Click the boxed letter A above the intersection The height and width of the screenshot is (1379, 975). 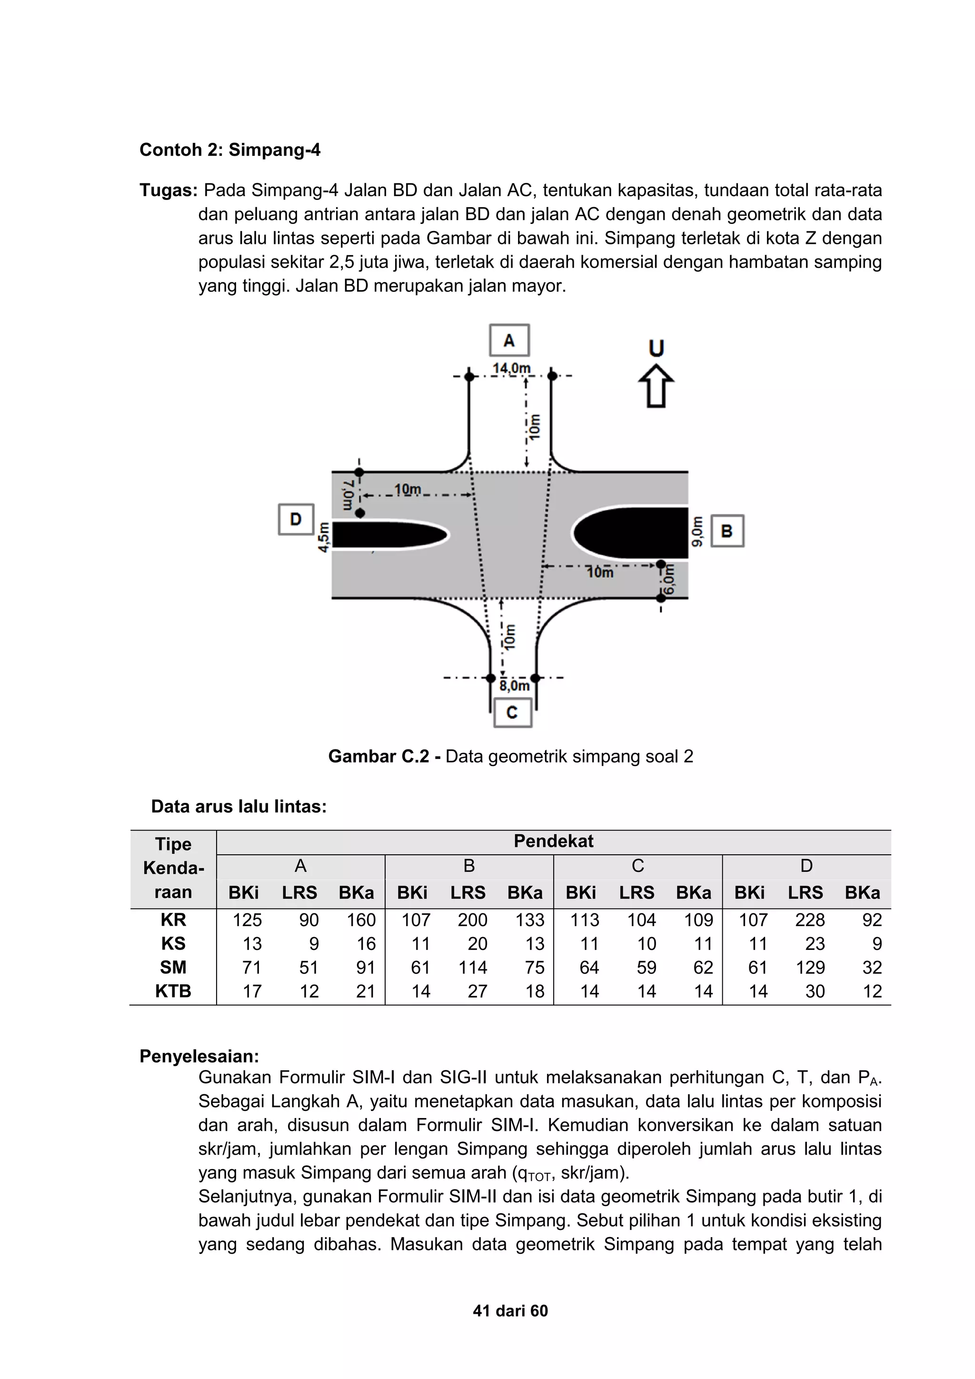coord(509,340)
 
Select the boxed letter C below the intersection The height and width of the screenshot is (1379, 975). coord(512,712)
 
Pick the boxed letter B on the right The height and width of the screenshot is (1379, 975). coord(727,531)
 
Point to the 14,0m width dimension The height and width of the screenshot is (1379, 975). coord(511,368)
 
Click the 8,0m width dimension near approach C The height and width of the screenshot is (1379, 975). coord(515,686)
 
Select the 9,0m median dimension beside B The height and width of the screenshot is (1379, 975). coord(697,531)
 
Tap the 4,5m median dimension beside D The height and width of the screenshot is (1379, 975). coord(324,536)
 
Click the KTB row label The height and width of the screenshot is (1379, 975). coord(173,991)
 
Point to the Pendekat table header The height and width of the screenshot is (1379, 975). coord(553,841)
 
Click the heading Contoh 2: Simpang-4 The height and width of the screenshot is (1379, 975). coord(230,150)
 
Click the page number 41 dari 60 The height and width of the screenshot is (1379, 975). coord(510,1310)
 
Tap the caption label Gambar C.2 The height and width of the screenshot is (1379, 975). coord(378,756)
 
